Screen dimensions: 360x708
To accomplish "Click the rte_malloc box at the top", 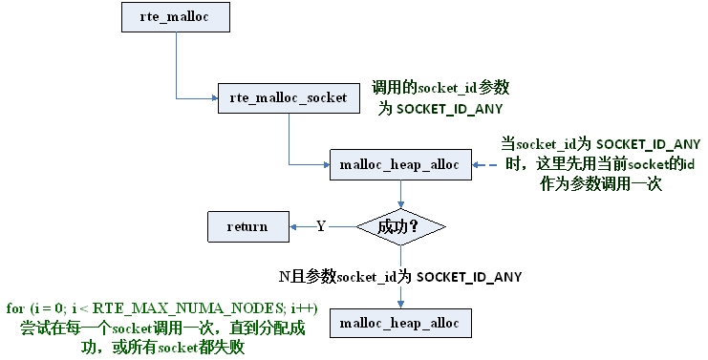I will [176, 16].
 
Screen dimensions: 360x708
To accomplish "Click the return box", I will [247, 226].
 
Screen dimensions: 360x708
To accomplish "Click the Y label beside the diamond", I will [321, 226].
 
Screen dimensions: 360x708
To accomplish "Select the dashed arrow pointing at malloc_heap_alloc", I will [487, 165].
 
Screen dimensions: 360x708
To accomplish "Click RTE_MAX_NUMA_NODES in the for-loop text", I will [192, 307].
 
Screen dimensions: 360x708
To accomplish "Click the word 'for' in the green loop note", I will [14, 307].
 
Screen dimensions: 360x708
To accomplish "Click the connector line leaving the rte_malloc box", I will [176, 62].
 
